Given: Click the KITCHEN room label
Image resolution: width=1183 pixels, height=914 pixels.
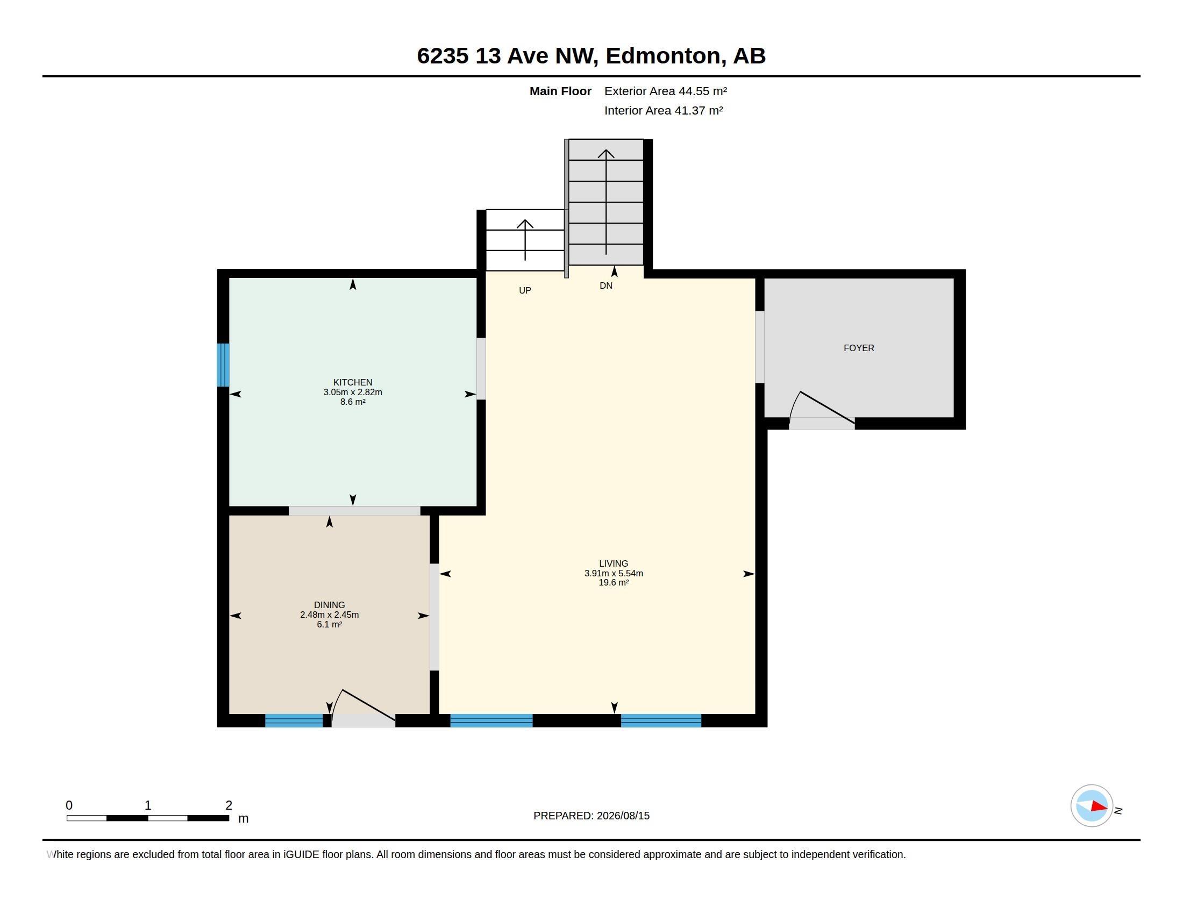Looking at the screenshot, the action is [353, 382].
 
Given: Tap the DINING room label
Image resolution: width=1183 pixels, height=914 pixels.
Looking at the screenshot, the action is [329, 605].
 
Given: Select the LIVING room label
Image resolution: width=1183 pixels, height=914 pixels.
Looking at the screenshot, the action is [614, 563].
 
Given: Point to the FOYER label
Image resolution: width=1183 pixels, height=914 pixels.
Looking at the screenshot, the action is [859, 348].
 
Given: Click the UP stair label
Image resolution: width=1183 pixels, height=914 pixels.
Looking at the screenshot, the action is [525, 291].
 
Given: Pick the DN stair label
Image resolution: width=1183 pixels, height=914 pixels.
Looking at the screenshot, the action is [606, 286].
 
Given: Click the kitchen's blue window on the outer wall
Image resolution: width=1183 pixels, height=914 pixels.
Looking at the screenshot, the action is [223, 365].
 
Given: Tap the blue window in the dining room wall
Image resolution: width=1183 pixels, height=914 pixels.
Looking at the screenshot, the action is [294, 720].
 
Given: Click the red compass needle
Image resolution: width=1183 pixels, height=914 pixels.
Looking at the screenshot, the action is [1100, 807].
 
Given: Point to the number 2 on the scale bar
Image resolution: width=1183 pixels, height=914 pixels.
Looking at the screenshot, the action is [229, 806].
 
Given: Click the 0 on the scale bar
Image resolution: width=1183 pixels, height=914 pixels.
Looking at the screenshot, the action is [69, 806].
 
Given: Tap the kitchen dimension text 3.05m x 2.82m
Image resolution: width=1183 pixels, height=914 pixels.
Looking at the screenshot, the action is [353, 392].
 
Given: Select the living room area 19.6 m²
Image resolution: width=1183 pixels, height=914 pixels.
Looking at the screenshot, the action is [614, 583].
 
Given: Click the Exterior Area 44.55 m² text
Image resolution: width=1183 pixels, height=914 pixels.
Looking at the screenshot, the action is [666, 91].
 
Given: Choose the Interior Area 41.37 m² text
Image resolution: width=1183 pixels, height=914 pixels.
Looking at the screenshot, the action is [664, 110].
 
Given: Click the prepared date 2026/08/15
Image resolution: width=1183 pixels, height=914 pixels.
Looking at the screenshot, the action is [623, 816].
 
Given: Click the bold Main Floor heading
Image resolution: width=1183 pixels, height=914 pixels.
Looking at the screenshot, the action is [561, 91].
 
